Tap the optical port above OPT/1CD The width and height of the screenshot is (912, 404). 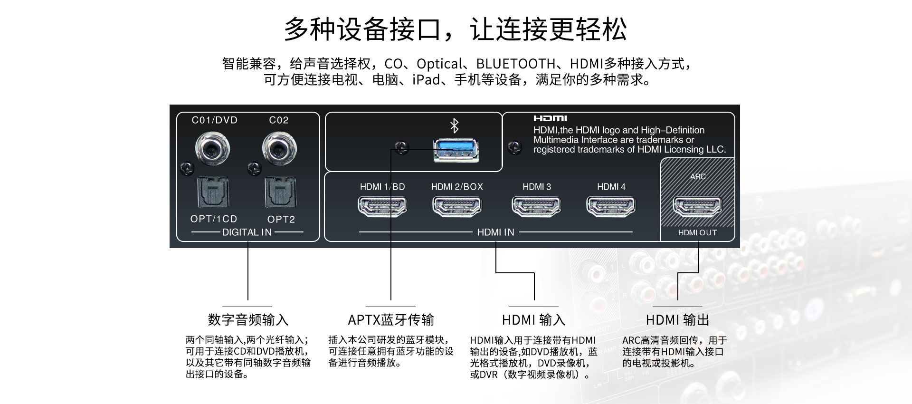pyautogui.click(x=213, y=192)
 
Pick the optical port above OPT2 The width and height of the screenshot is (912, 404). pyautogui.click(x=281, y=192)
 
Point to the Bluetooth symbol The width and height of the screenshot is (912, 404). pyautogui.click(x=455, y=126)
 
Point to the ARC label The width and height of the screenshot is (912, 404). pyautogui.click(x=698, y=177)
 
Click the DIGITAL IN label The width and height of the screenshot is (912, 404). pyautogui.click(x=247, y=232)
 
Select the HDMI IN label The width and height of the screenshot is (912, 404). pyautogui.click(x=495, y=232)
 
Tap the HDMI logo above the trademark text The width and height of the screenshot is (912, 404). pyautogui.click(x=550, y=118)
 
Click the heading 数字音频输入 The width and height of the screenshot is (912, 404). pyautogui.click(x=248, y=320)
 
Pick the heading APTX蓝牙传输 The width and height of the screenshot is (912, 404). pyautogui.click(x=391, y=320)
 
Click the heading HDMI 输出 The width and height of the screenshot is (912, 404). pyautogui.click(x=677, y=320)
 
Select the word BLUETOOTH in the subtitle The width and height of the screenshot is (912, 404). pyautogui.click(x=515, y=64)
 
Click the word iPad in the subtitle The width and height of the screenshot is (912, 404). pyautogui.click(x=426, y=80)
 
